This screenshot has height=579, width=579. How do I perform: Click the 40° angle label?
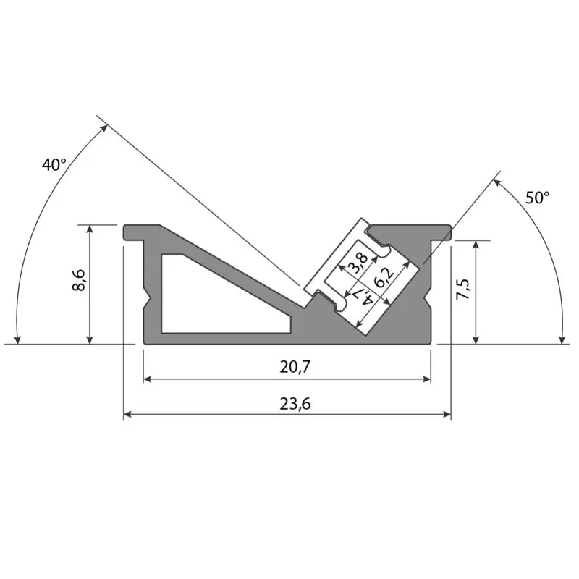[54, 165]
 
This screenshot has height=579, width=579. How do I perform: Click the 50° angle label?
[537, 197]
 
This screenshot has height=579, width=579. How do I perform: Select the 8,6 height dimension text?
[79, 280]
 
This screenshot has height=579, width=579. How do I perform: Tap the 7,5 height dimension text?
[463, 289]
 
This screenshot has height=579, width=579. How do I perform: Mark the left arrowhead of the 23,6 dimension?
[128, 415]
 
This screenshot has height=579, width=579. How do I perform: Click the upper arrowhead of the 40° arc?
[106, 128]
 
